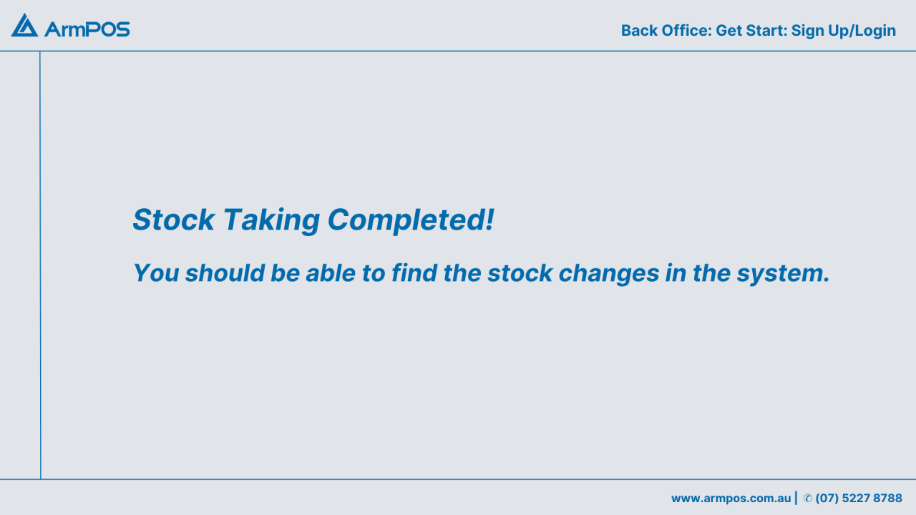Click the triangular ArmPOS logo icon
coord(24,26)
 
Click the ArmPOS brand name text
coord(87,29)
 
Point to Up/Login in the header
coord(862,31)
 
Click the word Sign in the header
coord(808,31)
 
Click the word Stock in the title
coord(173,220)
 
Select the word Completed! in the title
coord(411,220)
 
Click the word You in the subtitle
coord(155,273)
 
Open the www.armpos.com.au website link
coord(731,499)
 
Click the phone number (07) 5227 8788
coord(859,499)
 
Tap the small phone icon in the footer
coord(807,499)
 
